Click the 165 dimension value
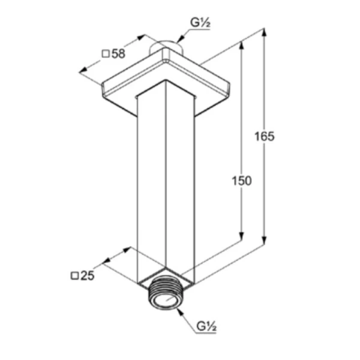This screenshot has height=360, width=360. coord(264,136)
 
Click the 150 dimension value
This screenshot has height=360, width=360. coord(242,181)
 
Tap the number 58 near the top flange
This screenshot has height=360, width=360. coord(118,54)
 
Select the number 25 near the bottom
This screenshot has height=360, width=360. coord(88,275)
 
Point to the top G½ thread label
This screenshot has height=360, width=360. coord(200,23)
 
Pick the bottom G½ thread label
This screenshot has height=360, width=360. coord(206,326)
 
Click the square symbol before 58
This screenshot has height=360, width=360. coord(106,54)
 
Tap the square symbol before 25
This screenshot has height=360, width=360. coord(74,276)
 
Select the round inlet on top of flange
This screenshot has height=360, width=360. coord(166,47)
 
